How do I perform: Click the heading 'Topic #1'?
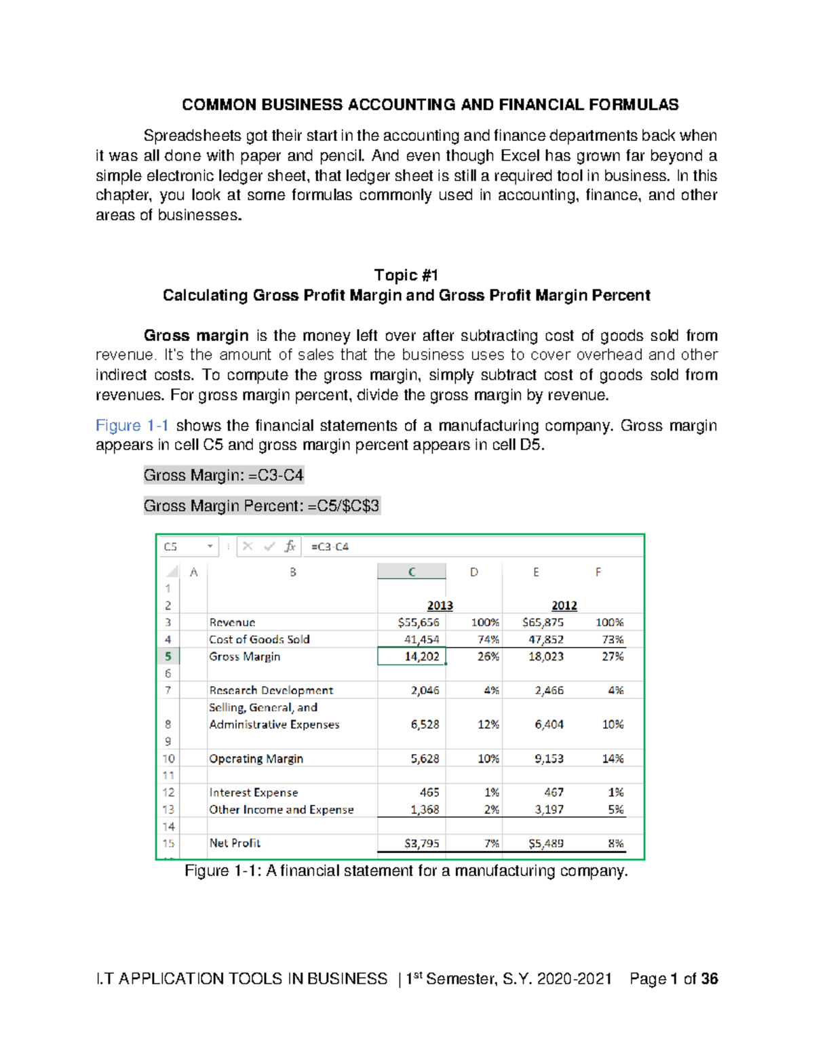click(x=406, y=275)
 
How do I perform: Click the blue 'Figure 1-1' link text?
click(x=132, y=426)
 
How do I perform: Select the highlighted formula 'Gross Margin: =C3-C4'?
click(x=223, y=475)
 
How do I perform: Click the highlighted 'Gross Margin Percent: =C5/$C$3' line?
click(x=262, y=506)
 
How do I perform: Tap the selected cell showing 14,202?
click(x=412, y=656)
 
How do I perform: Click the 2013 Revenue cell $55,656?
click(x=419, y=622)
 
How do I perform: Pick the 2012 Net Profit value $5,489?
click(x=545, y=843)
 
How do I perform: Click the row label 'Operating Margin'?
click(x=256, y=759)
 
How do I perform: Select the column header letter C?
click(x=411, y=572)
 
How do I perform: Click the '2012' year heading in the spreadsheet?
click(x=564, y=605)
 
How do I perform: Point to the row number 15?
click(x=168, y=843)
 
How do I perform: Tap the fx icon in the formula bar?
click(x=290, y=547)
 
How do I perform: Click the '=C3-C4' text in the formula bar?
click(x=330, y=547)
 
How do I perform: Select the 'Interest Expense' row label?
click(x=253, y=793)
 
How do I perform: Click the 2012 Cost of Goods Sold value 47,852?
click(x=545, y=639)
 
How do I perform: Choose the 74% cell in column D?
click(x=488, y=639)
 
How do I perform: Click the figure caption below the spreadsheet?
click(x=406, y=871)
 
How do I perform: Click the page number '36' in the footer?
click(x=709, y=979)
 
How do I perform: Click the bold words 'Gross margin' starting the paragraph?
click(x=196, y=336)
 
